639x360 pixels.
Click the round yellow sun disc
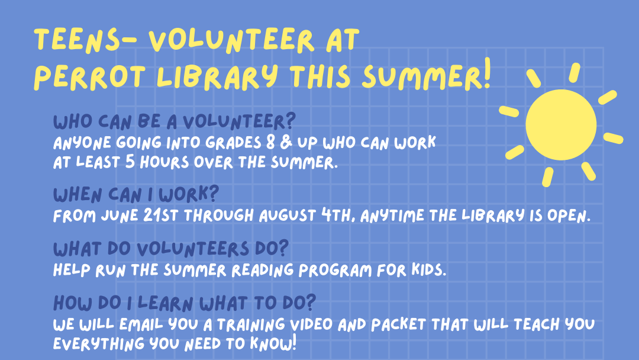pyautogui.click(x=561, y=125)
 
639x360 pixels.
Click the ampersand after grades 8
pyautogui.click(x=286, y=142)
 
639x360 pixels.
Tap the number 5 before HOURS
pyautogui.click(x=130, y=162)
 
